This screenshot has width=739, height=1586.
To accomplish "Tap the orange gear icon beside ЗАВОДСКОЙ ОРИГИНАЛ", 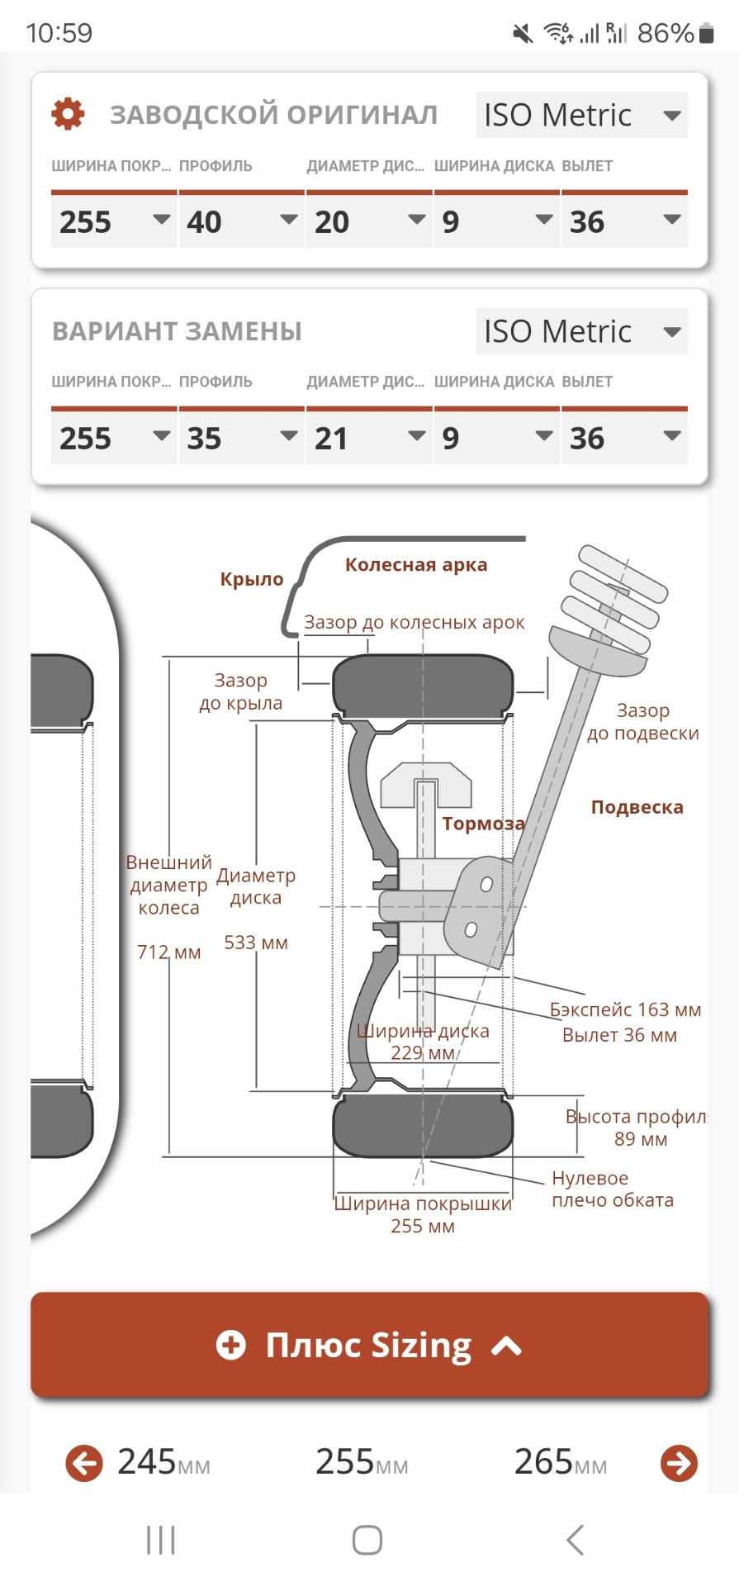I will point(68,114).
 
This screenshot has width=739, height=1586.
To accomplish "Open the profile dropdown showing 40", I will point(240,221).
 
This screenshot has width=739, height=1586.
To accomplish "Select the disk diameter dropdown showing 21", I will point(368,438).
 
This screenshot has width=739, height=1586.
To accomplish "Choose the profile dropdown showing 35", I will point(240,438).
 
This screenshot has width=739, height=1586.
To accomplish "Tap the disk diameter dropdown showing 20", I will point(368,221).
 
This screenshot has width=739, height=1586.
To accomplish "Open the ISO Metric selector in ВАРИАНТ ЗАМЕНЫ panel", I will point(581,332).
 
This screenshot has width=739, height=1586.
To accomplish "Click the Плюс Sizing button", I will point(369,1346).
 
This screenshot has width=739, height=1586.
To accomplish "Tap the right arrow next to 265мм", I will point(679,1463).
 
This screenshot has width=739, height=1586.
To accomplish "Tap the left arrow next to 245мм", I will point(84,1463).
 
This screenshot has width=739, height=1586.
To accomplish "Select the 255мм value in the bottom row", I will point(362,1463).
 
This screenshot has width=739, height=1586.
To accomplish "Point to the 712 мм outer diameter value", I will point(168,952).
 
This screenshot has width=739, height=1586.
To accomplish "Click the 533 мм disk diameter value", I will point(256,943).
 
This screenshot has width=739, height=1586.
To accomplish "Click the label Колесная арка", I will point(416,565).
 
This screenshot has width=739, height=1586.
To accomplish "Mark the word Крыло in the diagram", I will point(252,579).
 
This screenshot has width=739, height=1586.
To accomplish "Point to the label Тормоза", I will point(483,824).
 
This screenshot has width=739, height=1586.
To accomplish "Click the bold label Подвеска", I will point(637,807).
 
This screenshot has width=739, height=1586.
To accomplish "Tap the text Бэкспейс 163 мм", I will point(625,1009).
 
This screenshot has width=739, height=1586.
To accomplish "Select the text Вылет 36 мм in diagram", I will point(619,1035).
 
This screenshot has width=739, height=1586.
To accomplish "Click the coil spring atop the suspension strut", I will point(619,599).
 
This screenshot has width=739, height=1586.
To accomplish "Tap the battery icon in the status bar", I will point(706,33).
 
